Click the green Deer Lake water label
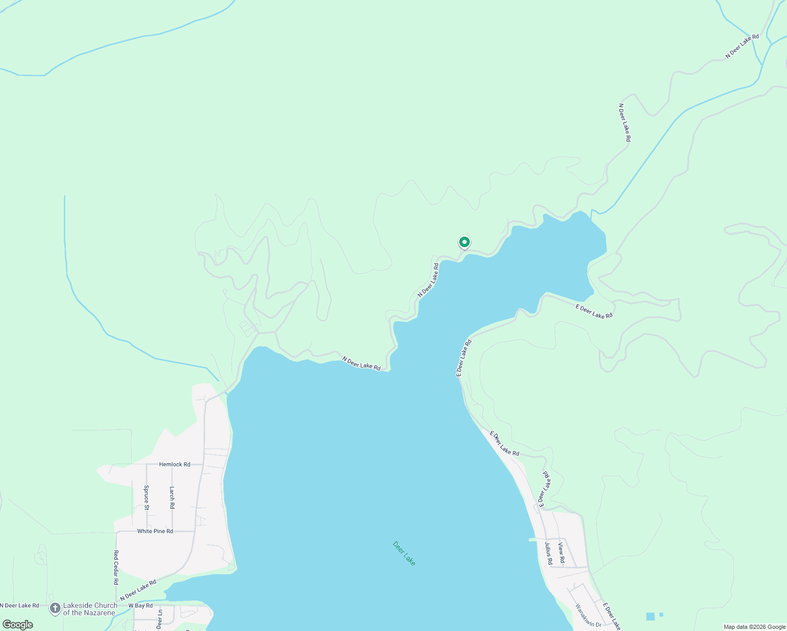(404, 553)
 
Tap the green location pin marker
(464, 242)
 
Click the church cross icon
(55, 609)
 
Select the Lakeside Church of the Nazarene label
(90, 609)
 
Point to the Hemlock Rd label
(175, 464)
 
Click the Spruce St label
(146, 497)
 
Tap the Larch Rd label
(172, 497)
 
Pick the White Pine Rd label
(155, 531)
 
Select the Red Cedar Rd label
(116, 567)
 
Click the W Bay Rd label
(140, 606)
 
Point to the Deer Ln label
(159, 619)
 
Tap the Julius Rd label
(548, 553)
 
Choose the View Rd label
(561, 553)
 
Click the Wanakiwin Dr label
(588, 615)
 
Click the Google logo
(17, 625)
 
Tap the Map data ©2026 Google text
(754, 627)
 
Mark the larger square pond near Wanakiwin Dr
(650, 616)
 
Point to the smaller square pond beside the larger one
(661, 614)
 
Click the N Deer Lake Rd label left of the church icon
(19, 606)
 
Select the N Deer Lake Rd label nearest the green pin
(428, 280)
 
